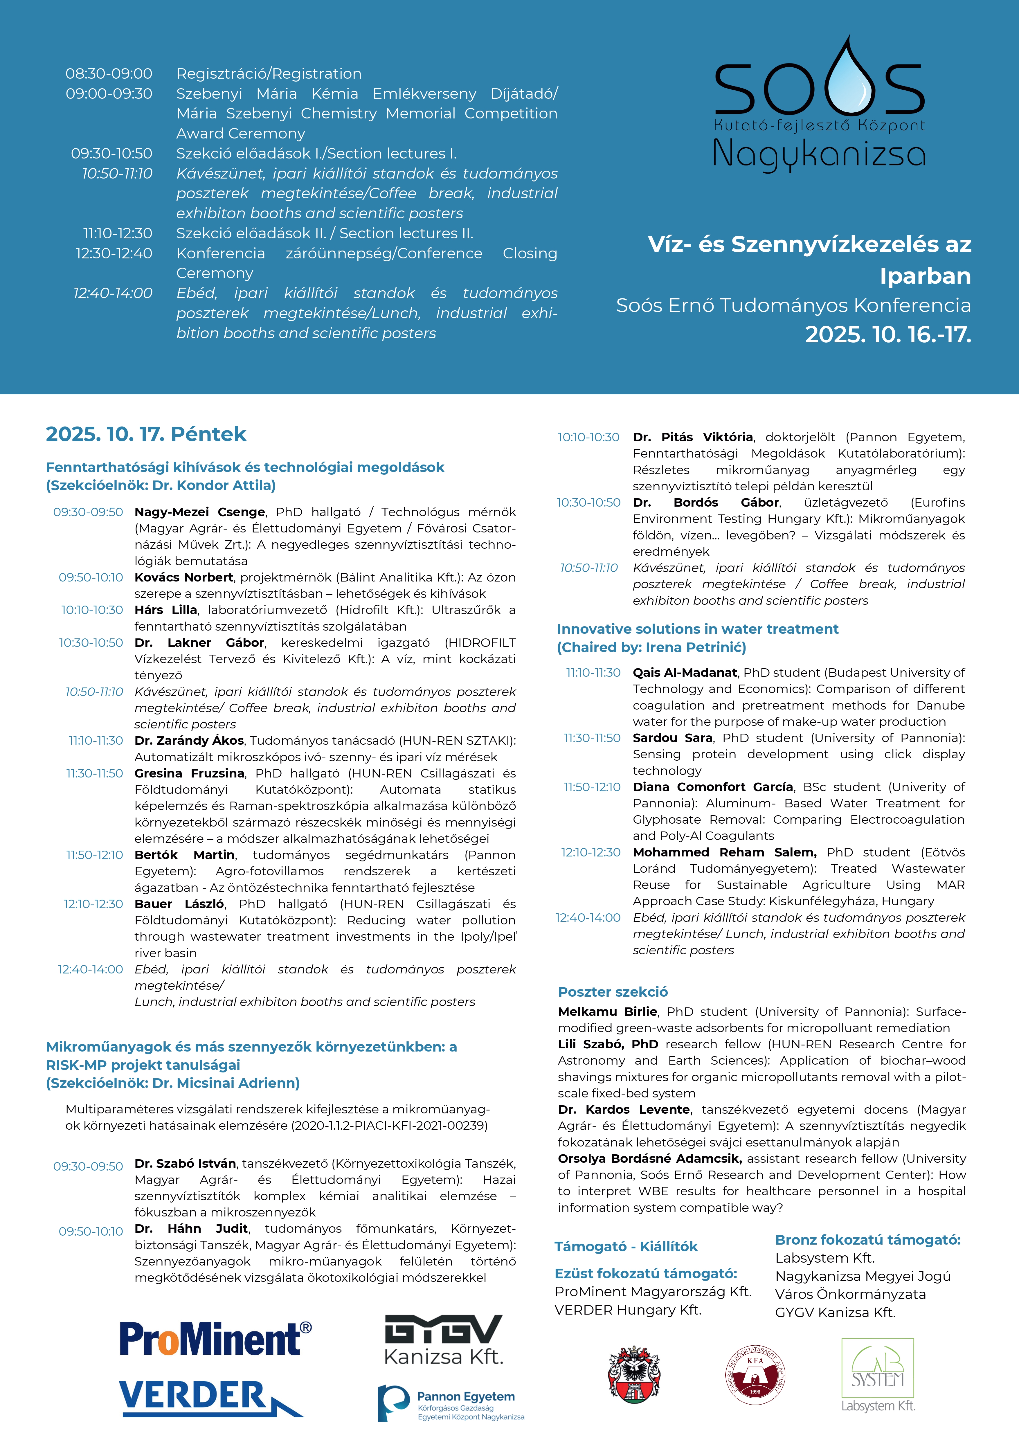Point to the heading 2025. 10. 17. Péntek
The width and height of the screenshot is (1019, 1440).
point(145,434)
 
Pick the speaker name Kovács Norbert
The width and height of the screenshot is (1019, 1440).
point(183,577)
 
